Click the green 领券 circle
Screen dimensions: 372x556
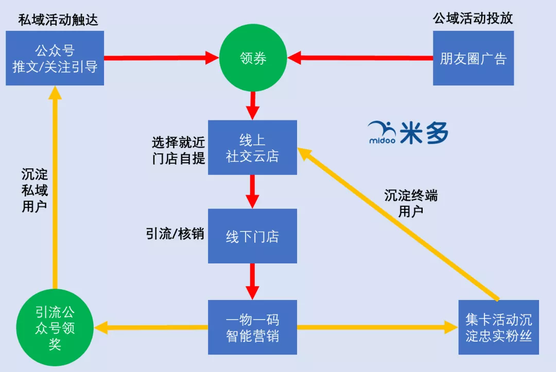click(253, 58)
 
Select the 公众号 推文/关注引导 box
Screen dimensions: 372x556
click(55, 58)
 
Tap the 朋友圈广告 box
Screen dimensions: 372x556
click(473, 58)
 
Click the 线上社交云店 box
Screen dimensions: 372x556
click(252, 148)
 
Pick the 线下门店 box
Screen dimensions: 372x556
click(252, 236)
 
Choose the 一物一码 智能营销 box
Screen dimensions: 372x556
click(252, 327)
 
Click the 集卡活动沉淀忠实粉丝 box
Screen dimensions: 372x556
click(498, 327)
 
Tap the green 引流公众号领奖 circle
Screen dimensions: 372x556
click(55, 328)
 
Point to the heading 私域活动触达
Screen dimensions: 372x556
click(58, 20)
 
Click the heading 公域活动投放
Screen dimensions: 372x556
click(473, 19)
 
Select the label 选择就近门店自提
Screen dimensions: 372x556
click(178, 150)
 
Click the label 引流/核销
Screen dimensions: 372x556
click(175, 234)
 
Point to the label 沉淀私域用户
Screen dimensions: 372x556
click(34, 190)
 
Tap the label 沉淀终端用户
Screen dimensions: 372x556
click(410, 203)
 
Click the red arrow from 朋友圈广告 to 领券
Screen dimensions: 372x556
click(360, 58)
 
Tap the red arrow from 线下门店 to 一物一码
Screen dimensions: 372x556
click(252, 281)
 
